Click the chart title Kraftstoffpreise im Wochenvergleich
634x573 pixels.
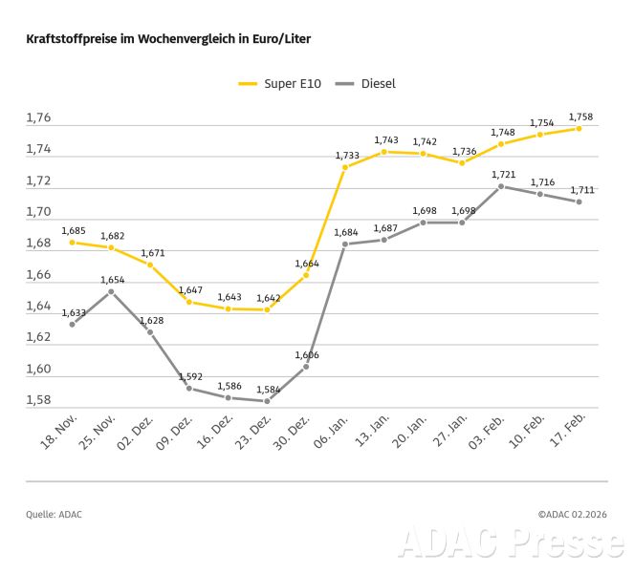coord(168,39)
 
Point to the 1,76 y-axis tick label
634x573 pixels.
coord(38,118)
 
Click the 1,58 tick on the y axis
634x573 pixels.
coord(38,400)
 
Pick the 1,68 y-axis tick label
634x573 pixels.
coord(38,244)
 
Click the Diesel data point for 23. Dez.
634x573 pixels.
coord(267,401)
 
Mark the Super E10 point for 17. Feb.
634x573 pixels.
coord(579,128)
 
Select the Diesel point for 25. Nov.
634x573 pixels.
coord(111,290)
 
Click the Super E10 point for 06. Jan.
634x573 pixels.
coord(345,167)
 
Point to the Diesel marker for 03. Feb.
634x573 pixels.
coord(501,186)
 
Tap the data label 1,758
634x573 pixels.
coord(580,117)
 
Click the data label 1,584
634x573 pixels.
coord(268,389)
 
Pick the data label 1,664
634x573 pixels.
coord(307,263)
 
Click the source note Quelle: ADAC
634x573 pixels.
coord(54,515)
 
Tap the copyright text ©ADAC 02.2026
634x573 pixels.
coord(573,515)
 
